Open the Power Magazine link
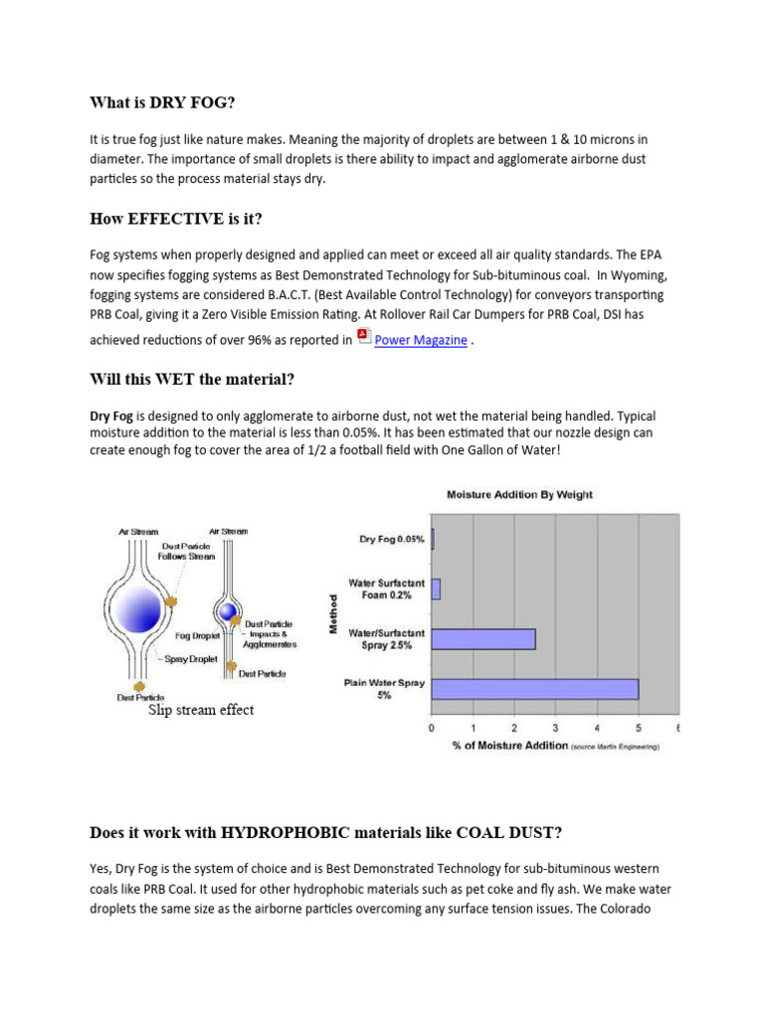[420, 340]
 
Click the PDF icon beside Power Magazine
[364, 337]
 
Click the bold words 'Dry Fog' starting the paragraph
[111, 416]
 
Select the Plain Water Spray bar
[534, 688]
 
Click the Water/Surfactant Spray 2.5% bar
[482, 638]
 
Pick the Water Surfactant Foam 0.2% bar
[436, 590]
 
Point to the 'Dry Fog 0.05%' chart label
[391, 540]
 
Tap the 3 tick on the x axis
[555, 728]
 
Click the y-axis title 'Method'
[335, 613]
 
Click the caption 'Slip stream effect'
[201, 710]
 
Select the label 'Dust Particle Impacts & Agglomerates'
[270, 633]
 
